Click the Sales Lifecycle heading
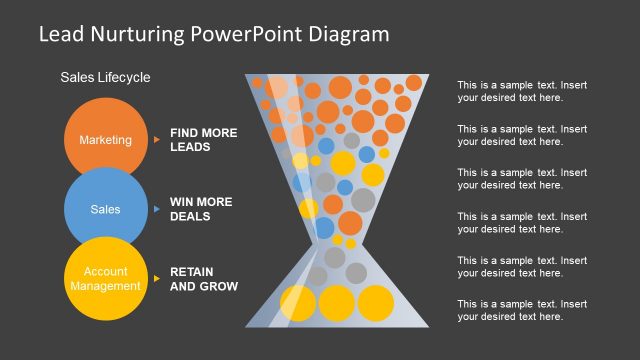105,77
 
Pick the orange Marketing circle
105,140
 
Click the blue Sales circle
105,210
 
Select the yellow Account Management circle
105,278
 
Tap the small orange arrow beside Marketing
157,140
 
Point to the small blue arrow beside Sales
157,209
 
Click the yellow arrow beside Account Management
157,278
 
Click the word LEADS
190,147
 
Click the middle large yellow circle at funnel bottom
335,303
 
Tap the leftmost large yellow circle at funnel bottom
298,303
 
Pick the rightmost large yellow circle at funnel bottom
374,303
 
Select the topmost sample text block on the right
522,91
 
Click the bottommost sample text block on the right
522,310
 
